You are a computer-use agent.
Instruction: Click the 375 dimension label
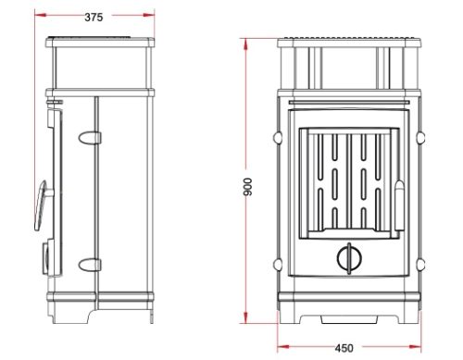(94, 18)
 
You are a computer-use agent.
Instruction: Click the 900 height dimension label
(247, 187)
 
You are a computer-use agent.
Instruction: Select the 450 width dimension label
(344, 348)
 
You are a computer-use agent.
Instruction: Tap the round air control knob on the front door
(349, 258)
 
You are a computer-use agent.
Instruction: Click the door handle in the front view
(399, 205)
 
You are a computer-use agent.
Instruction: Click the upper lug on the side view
(90, 138)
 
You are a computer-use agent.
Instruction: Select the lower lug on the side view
(90, 265)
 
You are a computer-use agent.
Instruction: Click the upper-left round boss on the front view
(278, 137)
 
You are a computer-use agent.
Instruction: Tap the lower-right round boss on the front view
(420, 264)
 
